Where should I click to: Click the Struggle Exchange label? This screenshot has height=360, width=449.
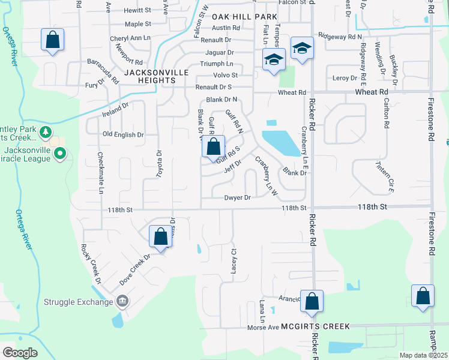77,301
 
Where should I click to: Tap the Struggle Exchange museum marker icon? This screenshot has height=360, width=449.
122,301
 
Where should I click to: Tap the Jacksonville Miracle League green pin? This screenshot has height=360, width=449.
59,154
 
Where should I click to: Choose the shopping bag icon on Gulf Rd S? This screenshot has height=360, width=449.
213,146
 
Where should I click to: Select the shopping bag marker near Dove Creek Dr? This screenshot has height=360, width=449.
160,236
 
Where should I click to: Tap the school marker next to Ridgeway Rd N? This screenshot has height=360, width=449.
302,48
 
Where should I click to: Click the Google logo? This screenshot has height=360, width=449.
20,352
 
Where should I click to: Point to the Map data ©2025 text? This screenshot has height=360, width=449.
424,355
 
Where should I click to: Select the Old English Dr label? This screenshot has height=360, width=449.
123,134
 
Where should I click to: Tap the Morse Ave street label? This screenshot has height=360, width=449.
264,327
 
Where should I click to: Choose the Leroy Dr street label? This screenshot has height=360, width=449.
345,78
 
